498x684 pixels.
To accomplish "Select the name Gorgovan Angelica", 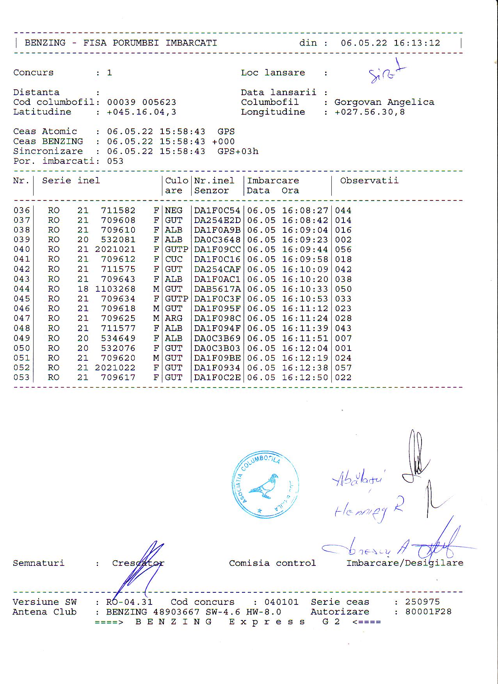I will click(x=384, y=102).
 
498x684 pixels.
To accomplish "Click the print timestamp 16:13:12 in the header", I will click(x=416, y=43).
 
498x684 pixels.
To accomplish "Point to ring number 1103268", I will click(x=115, y=289).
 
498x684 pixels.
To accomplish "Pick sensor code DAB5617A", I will click(x=217, y=289).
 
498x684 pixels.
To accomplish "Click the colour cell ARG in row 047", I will click(x=174, y=319).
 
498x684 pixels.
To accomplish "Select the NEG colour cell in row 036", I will click(x=174, y=211).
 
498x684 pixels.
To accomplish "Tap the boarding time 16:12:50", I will click(x=305, y=377).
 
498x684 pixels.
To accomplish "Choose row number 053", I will click(x=21, y=377).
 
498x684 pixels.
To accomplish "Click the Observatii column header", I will click(x=369, y=181).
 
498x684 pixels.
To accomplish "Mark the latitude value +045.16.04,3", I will click(x=142, y=112).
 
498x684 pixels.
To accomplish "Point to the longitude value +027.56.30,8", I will click(x=370, y=112).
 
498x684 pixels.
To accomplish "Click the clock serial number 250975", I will click(x=422, y=602).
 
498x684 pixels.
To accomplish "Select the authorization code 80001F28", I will click(x=428, y=612).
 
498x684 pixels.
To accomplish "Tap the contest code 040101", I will click(x=281, y=602).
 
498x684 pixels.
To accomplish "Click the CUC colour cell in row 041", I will click(x=174, y=259).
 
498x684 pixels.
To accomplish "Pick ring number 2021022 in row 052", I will click(x=115, y=368).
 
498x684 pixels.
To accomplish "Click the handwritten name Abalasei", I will click(x=358, y=478).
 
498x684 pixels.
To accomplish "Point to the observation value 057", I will click(x=343, y=368).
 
